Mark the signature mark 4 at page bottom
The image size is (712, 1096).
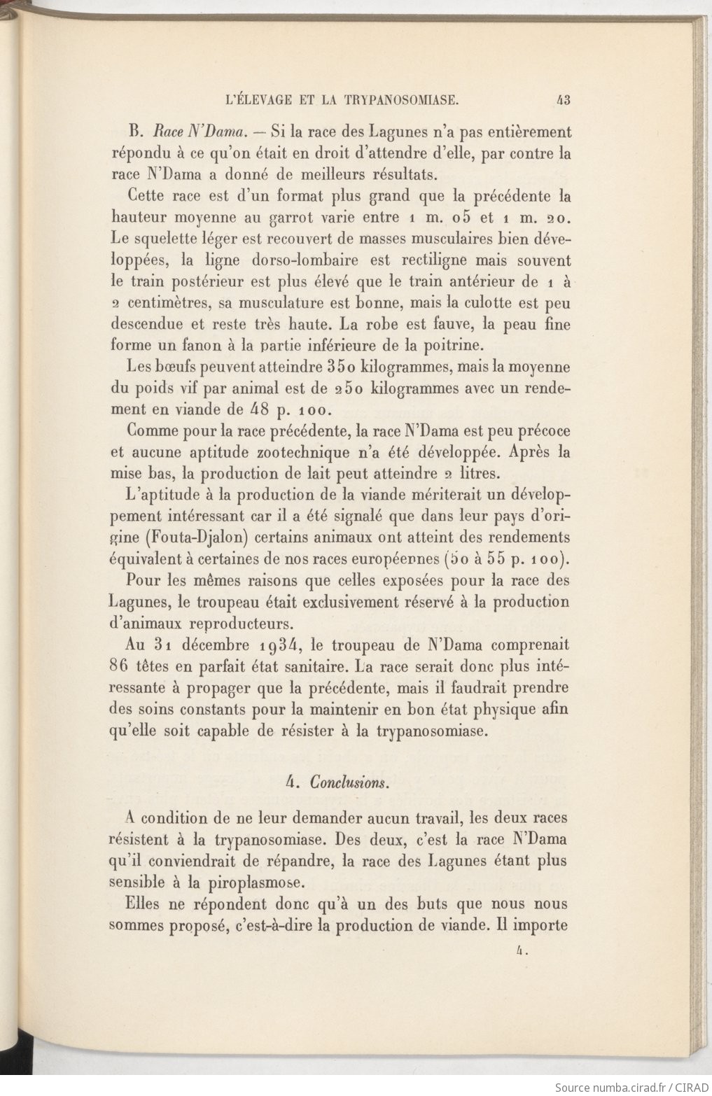pos(519,951)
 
